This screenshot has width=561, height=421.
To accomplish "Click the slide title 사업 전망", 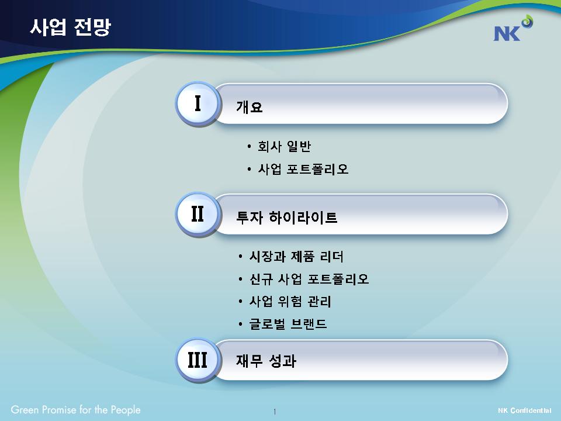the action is (x=71, y=27).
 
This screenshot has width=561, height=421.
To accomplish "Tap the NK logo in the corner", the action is (x=512, y=28).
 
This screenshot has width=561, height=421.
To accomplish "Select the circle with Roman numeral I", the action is (x=197, y=103).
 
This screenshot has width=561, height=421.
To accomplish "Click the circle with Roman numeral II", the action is (x=197, y=214).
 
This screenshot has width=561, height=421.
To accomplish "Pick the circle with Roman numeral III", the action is (x=197, y=360).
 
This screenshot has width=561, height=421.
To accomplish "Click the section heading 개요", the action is (x=250, y=106).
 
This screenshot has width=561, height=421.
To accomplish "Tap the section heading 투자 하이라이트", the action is (x=286, y=218).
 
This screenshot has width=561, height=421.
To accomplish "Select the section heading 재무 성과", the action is (x=266, y=361).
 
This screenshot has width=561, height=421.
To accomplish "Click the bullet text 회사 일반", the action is (x=284, y=146).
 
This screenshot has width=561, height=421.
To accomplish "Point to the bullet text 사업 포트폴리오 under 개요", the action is (x=303, y=169).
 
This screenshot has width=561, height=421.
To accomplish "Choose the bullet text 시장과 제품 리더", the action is (x=296, y=257).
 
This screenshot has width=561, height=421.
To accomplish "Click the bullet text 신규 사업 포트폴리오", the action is (x=309, y=279).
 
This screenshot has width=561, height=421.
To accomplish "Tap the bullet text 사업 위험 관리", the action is (x=290, y=302).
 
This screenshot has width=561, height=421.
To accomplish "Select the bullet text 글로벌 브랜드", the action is (x=288, y=324).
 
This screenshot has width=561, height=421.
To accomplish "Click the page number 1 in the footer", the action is (x=275, y=412).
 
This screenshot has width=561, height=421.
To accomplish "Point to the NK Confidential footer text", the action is (x=525, y=410).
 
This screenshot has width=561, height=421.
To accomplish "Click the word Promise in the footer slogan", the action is (x=59, y=409).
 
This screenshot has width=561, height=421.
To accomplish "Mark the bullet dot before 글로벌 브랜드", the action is (x=240, y=325).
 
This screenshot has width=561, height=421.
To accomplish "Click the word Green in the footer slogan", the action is (x=25, y=409).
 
